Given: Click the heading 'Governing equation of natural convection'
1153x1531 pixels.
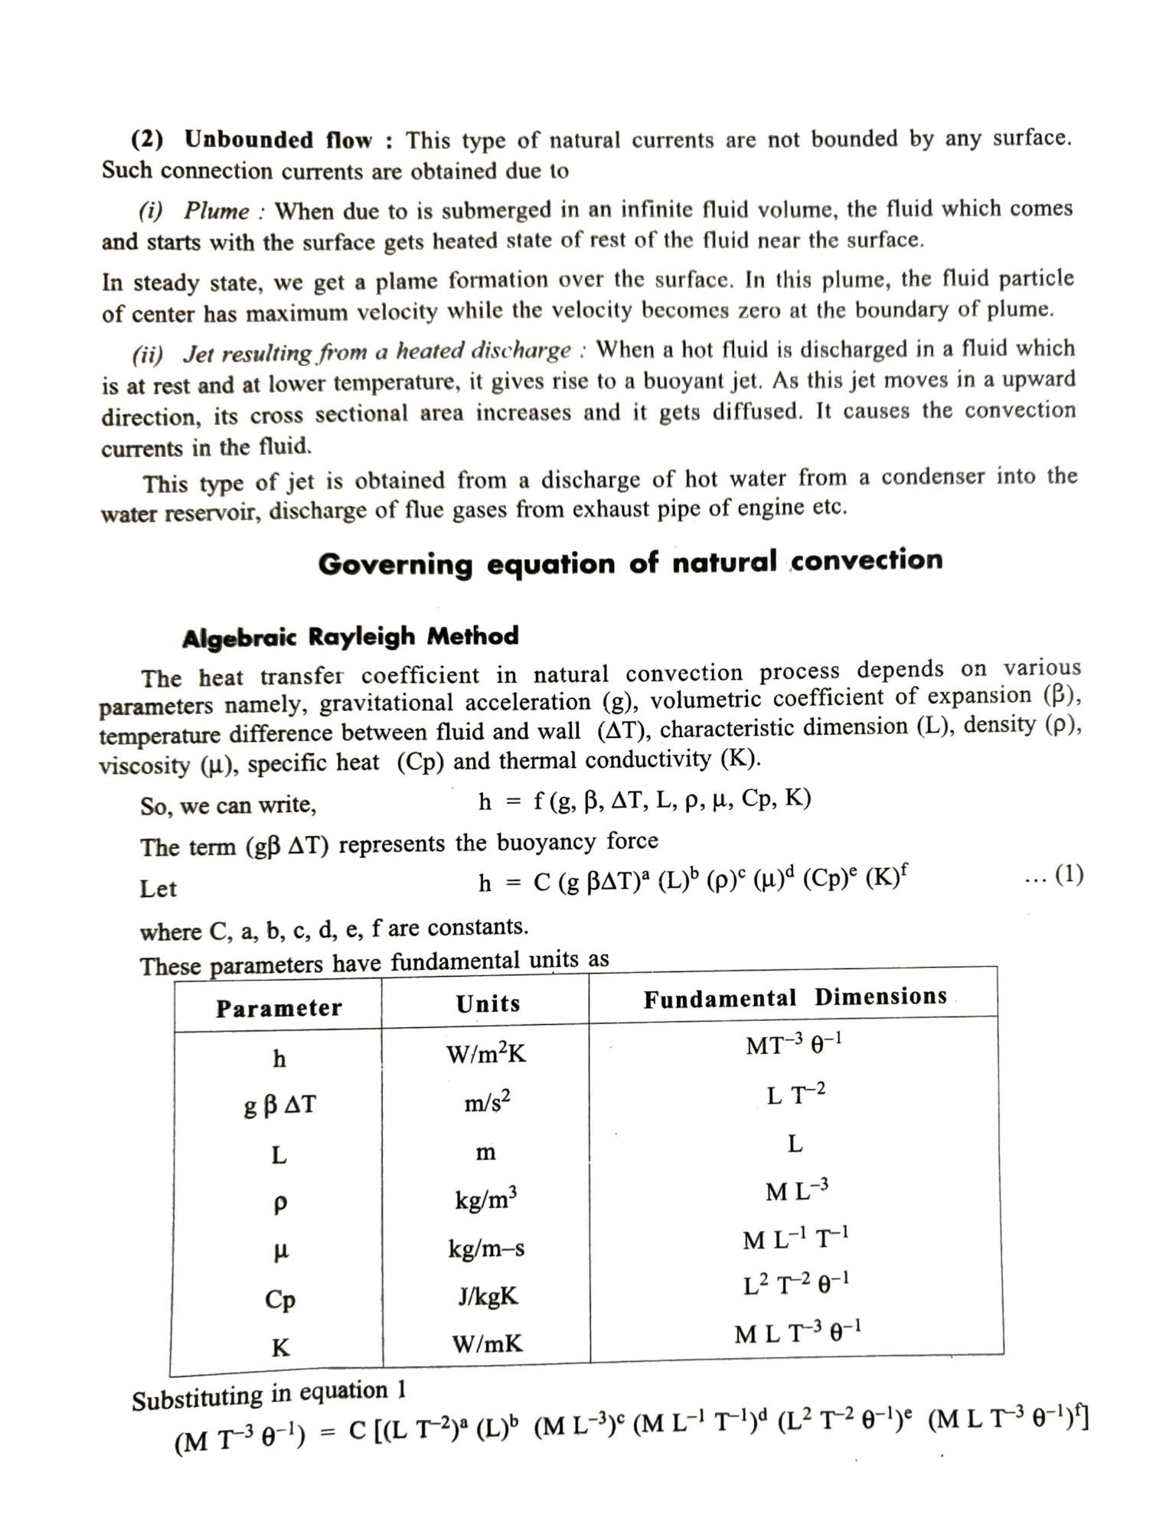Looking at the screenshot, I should (x=630, y=563).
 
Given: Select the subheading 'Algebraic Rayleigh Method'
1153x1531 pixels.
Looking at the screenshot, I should (x=350, y=637).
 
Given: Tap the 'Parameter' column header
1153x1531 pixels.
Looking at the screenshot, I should (x=279, y=1007).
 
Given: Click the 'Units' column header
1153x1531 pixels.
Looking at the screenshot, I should (x=488, y=1004).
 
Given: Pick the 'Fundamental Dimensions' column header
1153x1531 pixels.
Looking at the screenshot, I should (x=795, y=997).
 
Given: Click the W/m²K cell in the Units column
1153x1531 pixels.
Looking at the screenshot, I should (x=486, y=1054).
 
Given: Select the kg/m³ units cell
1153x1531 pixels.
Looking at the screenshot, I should (x=486, y=1199).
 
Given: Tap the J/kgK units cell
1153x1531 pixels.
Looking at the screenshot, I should (x=488, y=1296).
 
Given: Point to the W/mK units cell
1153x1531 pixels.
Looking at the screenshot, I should (x=488, y=1343).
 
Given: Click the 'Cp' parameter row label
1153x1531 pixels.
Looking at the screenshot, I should (x=280, y=1299).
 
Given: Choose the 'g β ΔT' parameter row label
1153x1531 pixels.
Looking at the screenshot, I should (x=279, y=1105).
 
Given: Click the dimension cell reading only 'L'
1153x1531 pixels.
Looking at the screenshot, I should (x=795, y=1144).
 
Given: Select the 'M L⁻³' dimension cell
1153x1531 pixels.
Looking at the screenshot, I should (x=796, y=1191).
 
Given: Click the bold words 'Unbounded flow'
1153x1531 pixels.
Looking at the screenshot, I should (x=279, y=140).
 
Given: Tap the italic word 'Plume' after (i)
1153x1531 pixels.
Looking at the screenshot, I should (x=217, y=211).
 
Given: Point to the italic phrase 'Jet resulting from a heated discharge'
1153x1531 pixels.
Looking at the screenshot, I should (x=377, y=352).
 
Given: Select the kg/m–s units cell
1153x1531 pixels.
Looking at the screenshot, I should (x=486, y=1249).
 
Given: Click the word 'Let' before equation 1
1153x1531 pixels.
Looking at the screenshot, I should (x=158, y=889).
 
